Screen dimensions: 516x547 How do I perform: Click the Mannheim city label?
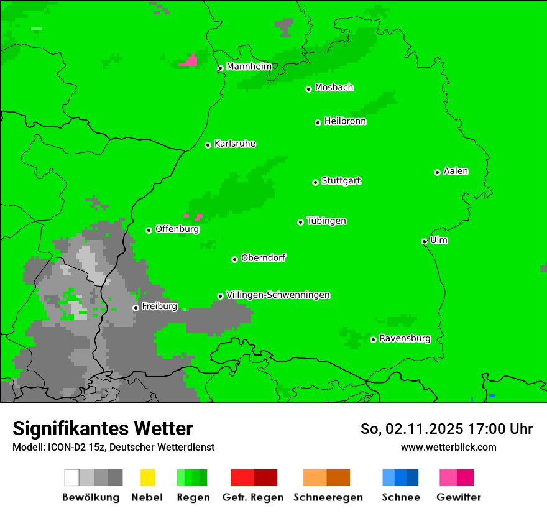[249, 67]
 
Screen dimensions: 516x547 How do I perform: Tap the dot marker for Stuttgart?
[315, 182]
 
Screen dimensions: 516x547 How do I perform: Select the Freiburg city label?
[159, 306]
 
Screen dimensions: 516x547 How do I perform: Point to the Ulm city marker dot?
[424, 242]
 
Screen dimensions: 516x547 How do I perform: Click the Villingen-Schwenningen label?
[278, 295]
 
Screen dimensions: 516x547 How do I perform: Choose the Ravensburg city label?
[405, 339]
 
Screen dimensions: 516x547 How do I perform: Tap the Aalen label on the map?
[456, 171]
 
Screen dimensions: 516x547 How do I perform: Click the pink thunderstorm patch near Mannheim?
[190, 61]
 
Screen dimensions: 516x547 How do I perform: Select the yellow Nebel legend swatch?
[147, 477]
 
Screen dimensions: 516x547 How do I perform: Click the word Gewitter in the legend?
[459, 497]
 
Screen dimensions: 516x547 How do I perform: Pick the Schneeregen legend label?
[328, 497]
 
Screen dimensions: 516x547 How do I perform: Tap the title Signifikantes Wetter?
[103, 429]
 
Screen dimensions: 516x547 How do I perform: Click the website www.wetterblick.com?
[448, 447]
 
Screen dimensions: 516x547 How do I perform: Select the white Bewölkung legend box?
[72, 477]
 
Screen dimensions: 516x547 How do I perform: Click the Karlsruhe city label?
[235, 144]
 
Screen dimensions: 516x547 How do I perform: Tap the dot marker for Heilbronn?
[318, 122]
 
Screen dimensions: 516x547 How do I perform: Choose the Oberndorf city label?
[263, 258]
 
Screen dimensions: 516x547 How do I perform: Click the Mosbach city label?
[334, 88]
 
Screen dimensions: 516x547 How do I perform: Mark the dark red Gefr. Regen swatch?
[265, 477]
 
